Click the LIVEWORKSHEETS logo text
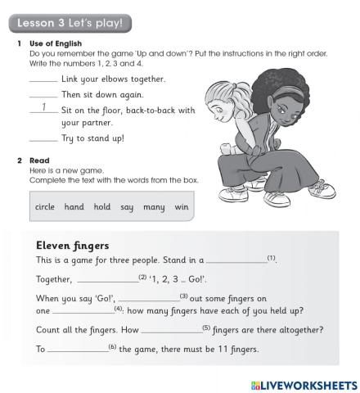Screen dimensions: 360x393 [x=302, y=383]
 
